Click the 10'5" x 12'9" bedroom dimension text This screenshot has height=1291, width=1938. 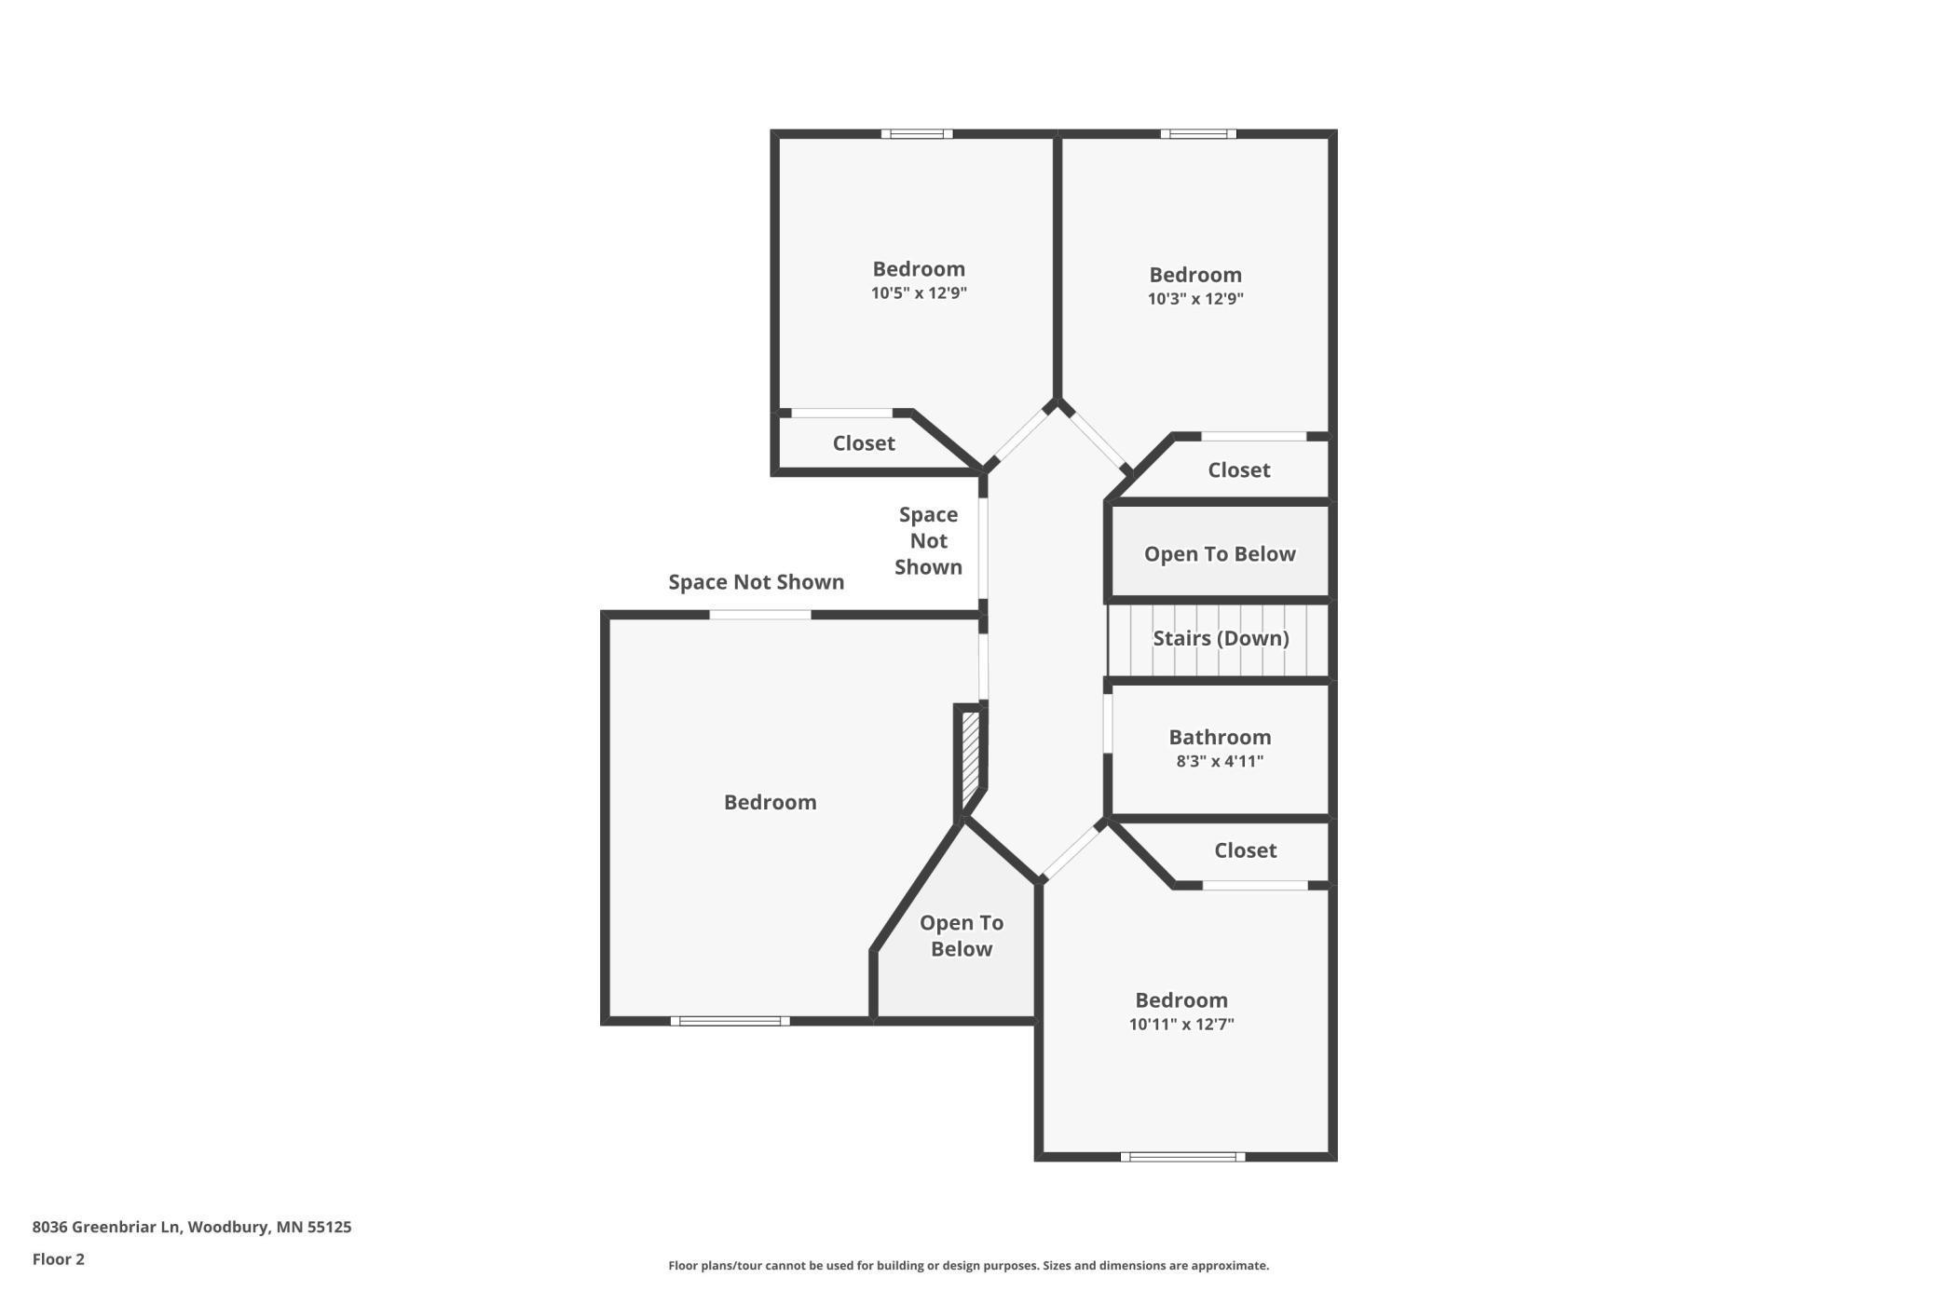point(919,293)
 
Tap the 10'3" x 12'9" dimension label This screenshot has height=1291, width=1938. point(1195,299)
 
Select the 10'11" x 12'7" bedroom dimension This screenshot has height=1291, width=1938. point(1181,1025)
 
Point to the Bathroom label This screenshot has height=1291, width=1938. point(1220,737)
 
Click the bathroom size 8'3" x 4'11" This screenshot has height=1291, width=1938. point(1220,761)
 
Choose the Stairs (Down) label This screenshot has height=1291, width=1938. point(1221,638)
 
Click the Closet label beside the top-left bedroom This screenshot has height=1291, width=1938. point(864,443)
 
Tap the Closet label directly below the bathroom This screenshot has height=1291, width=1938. point(1245,850)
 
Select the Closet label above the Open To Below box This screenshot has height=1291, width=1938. point(1238,470)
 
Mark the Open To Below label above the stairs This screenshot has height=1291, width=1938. point(1220,554)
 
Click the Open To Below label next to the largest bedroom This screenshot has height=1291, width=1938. point(962,936)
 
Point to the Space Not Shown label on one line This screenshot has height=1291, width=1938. point(756,582)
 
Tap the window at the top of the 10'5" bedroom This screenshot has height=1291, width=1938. point(917,134)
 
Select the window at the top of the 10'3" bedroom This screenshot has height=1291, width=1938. point(1198,134)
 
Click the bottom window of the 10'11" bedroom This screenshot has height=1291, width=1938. point(1182,1157)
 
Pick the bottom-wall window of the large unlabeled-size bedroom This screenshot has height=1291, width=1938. point(730,1021)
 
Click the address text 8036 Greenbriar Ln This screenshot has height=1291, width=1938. point(192,1227)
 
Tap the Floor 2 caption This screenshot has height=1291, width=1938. point(59,1259)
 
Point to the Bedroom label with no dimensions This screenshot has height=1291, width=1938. point(770,802)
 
